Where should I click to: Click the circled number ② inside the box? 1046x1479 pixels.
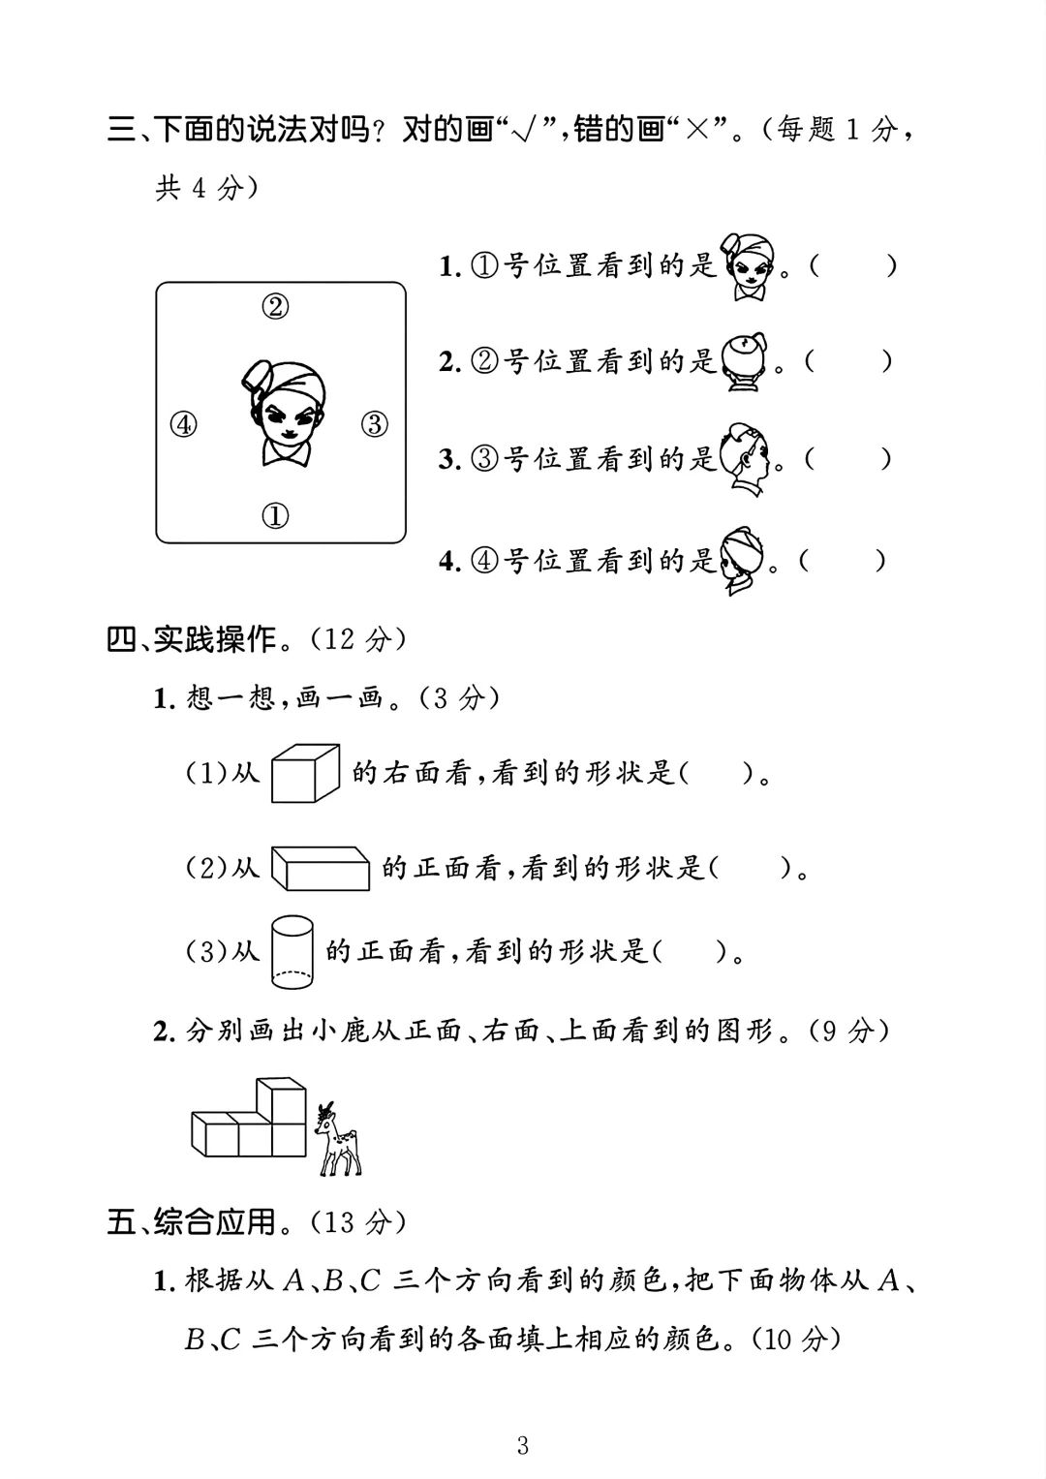tap(275, 307)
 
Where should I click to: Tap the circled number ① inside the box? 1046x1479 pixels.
tap(275, 515)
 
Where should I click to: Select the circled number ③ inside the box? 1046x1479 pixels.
tap(375, 424)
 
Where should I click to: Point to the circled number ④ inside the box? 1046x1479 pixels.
tap(183, 424)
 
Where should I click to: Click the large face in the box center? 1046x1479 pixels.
tap(283, 412)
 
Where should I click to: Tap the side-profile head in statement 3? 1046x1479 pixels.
tap(747, 459)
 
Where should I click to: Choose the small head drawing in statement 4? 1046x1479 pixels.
tap(742, 561)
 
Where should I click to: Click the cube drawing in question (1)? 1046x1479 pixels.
tap(305, 773)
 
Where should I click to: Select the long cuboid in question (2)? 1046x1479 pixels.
tap(321, 867)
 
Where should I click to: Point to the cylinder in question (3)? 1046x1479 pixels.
tap(292, 952)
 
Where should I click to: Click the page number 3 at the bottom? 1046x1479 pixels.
tap(523, 1446)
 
